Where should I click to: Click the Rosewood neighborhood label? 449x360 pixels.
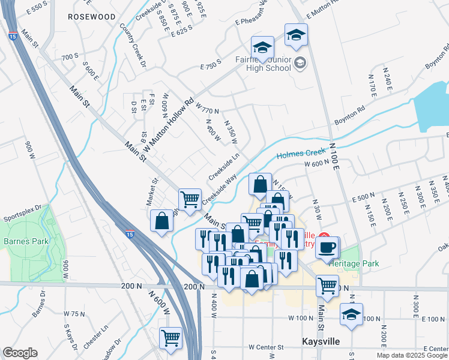click(x=91, y=17)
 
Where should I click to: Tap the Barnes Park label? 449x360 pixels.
click(x=23, y=242)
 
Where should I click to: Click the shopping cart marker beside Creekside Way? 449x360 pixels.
click(x=190, y=199)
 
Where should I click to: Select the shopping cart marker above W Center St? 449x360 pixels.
click(x=171, y=339)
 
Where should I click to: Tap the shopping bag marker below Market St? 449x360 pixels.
click(x=162, y=221)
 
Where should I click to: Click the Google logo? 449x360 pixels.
click(x=20, y=353)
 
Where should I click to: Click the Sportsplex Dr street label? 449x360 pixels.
click(x=22, y=214)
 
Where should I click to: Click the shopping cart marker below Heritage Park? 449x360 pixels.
click(x=327, y=286)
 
